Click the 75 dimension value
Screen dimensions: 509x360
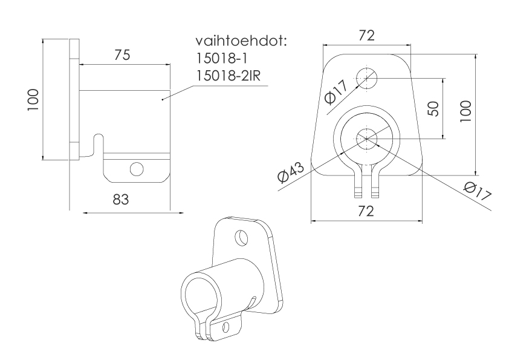[122, 55]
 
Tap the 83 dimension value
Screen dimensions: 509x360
[121, 200]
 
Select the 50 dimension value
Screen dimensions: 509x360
[433, 108]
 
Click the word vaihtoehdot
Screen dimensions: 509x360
[241, 41]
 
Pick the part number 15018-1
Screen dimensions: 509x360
[222, 59]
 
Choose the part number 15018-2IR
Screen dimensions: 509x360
[229, 76]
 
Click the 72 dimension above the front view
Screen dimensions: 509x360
[366, 36]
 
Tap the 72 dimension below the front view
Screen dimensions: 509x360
[366, 211]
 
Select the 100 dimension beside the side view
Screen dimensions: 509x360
[33, 99]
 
